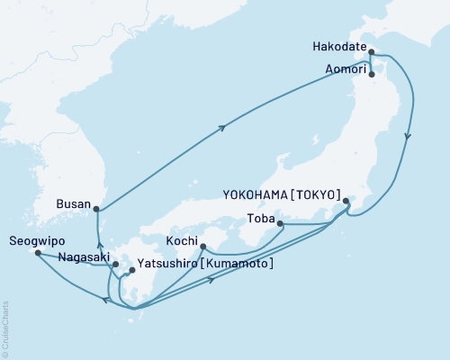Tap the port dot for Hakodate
click(x=371, y=53)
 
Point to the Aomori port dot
click(x=372, y=76)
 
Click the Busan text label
click(x=73, y=204)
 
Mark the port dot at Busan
click(x=97, y=211)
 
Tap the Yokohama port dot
click(x=346, y=202)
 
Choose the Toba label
click(x=259, y=217)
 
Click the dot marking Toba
click(x=280, y=223)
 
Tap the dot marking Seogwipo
click(x=37, y=253)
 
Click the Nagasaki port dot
click(x=114, y=264)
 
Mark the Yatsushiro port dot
click(x=132, y=270)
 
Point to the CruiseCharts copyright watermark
click(x=4, y=329)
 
